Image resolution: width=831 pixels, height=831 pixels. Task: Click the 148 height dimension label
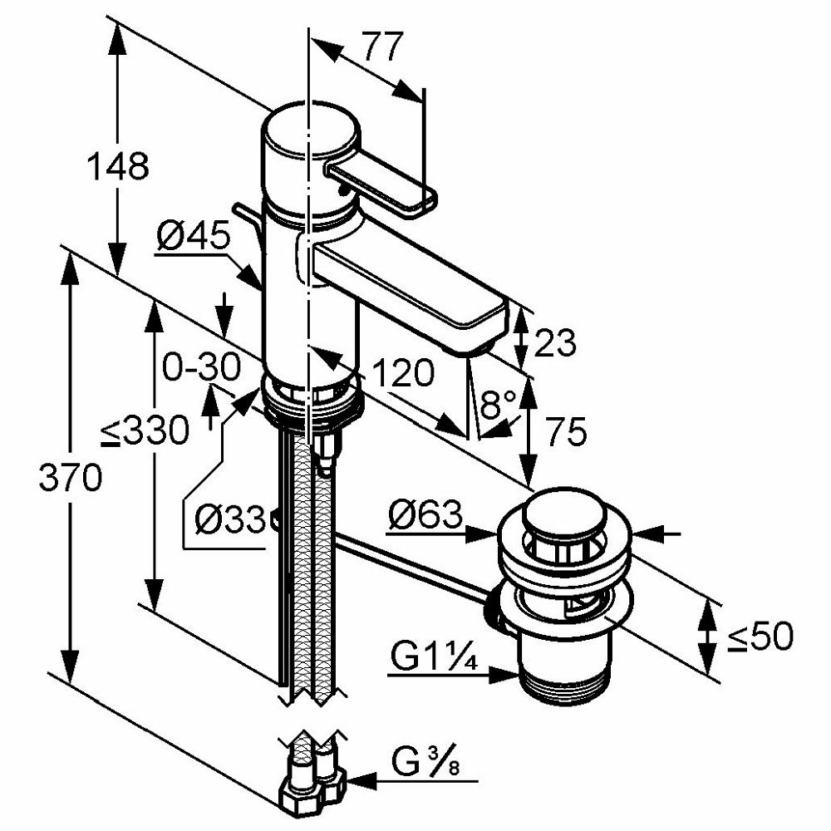(x=118, y=167)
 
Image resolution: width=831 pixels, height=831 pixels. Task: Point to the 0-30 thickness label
(x=200, y=366)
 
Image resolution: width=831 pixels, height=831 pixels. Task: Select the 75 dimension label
(x=566, y=432)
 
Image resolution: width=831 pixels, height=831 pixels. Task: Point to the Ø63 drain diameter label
(x=425, y=517)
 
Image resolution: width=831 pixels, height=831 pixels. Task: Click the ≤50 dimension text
(x=760, y=637)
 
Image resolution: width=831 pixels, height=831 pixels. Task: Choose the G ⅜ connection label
(x=425, y=760)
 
